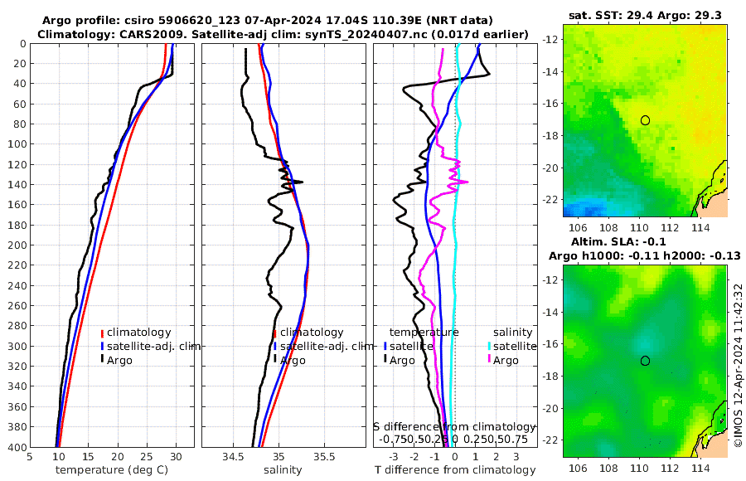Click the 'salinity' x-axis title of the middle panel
(283, 469)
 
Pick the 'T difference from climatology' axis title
(455, 469)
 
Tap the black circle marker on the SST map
(645, 120)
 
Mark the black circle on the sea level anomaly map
(645, 361)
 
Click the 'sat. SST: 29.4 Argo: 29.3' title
(645, 16)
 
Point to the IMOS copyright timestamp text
(737, 365)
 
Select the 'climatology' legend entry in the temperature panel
(138, 332)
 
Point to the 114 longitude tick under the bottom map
(699, 469)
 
